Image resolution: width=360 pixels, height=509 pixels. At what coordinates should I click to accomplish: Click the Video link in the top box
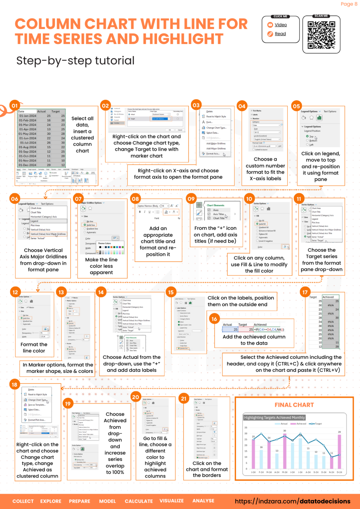[x=280, y=25]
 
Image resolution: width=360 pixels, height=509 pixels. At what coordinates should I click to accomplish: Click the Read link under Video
[x=280, y=34]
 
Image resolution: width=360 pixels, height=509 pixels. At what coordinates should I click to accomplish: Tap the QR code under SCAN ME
[x=321, y=35]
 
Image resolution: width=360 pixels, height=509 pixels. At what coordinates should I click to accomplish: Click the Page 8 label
[x=349, y=4]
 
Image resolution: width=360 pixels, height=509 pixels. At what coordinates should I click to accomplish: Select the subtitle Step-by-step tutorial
[x=75, y=61]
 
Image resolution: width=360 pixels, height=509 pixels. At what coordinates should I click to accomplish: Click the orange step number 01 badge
[x=15, y=106]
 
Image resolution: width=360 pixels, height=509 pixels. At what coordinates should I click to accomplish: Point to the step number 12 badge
[x=15, y=292]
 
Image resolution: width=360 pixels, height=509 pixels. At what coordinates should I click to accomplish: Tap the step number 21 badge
[x=184, y=399]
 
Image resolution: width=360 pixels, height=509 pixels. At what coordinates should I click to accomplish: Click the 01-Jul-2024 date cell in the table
[x=28, y=143]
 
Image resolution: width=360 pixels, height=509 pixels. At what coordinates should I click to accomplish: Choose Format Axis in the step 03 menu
[x=212, y=154]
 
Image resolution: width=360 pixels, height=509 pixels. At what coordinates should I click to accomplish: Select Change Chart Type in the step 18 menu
[x=37, y=400]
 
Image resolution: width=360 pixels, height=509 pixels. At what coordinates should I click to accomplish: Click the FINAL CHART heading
[x=294, y=405]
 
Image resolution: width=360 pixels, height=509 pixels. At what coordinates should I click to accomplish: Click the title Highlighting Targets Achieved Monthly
[x=274, y=418]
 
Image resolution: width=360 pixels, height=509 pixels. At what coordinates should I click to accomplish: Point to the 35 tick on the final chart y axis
[x=246, y=427]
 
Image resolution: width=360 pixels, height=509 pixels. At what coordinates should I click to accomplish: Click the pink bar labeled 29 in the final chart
[x=339, y=451]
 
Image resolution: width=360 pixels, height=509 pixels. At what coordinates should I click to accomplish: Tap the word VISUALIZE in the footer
[x=171, y=501]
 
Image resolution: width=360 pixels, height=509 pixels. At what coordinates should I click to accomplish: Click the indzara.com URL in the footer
[x=292, y=501]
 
